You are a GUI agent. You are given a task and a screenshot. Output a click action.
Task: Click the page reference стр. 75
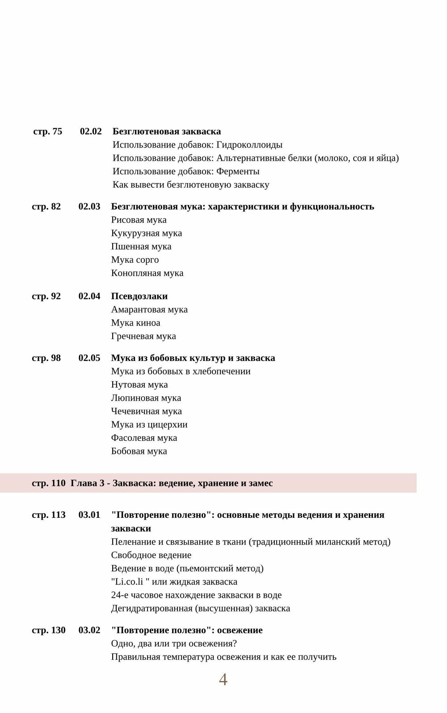[47, 131]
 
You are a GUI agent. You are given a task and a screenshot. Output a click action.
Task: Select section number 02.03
[89, 206]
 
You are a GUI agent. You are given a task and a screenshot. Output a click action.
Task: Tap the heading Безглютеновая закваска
[167, 131]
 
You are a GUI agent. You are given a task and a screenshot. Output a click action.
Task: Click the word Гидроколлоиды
[249, 145]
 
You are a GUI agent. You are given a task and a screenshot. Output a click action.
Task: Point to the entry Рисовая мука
[139, 220]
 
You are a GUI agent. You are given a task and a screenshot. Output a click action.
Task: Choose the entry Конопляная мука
[147, 273]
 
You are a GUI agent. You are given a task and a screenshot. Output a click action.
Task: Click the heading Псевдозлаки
[139, 296]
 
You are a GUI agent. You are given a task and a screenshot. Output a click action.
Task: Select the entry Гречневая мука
[143, 336]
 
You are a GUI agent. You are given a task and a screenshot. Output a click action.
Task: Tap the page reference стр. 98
[46, 358]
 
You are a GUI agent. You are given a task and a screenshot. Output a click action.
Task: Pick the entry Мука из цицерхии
[149, 424]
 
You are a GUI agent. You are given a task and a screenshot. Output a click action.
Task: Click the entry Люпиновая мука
[146, 398]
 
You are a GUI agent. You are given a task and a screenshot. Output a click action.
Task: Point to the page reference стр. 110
[48, 483]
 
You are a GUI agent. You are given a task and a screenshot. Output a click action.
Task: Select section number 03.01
[89, 515]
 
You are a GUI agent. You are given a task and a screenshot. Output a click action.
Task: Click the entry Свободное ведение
[151, 555]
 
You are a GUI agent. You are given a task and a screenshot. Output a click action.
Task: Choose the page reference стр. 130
[48, 630]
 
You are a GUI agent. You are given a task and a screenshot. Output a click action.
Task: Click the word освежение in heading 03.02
[240, 630]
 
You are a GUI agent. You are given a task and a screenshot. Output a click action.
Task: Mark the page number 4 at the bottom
[223, 679]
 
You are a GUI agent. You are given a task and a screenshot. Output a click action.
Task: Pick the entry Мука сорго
[135, 260]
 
